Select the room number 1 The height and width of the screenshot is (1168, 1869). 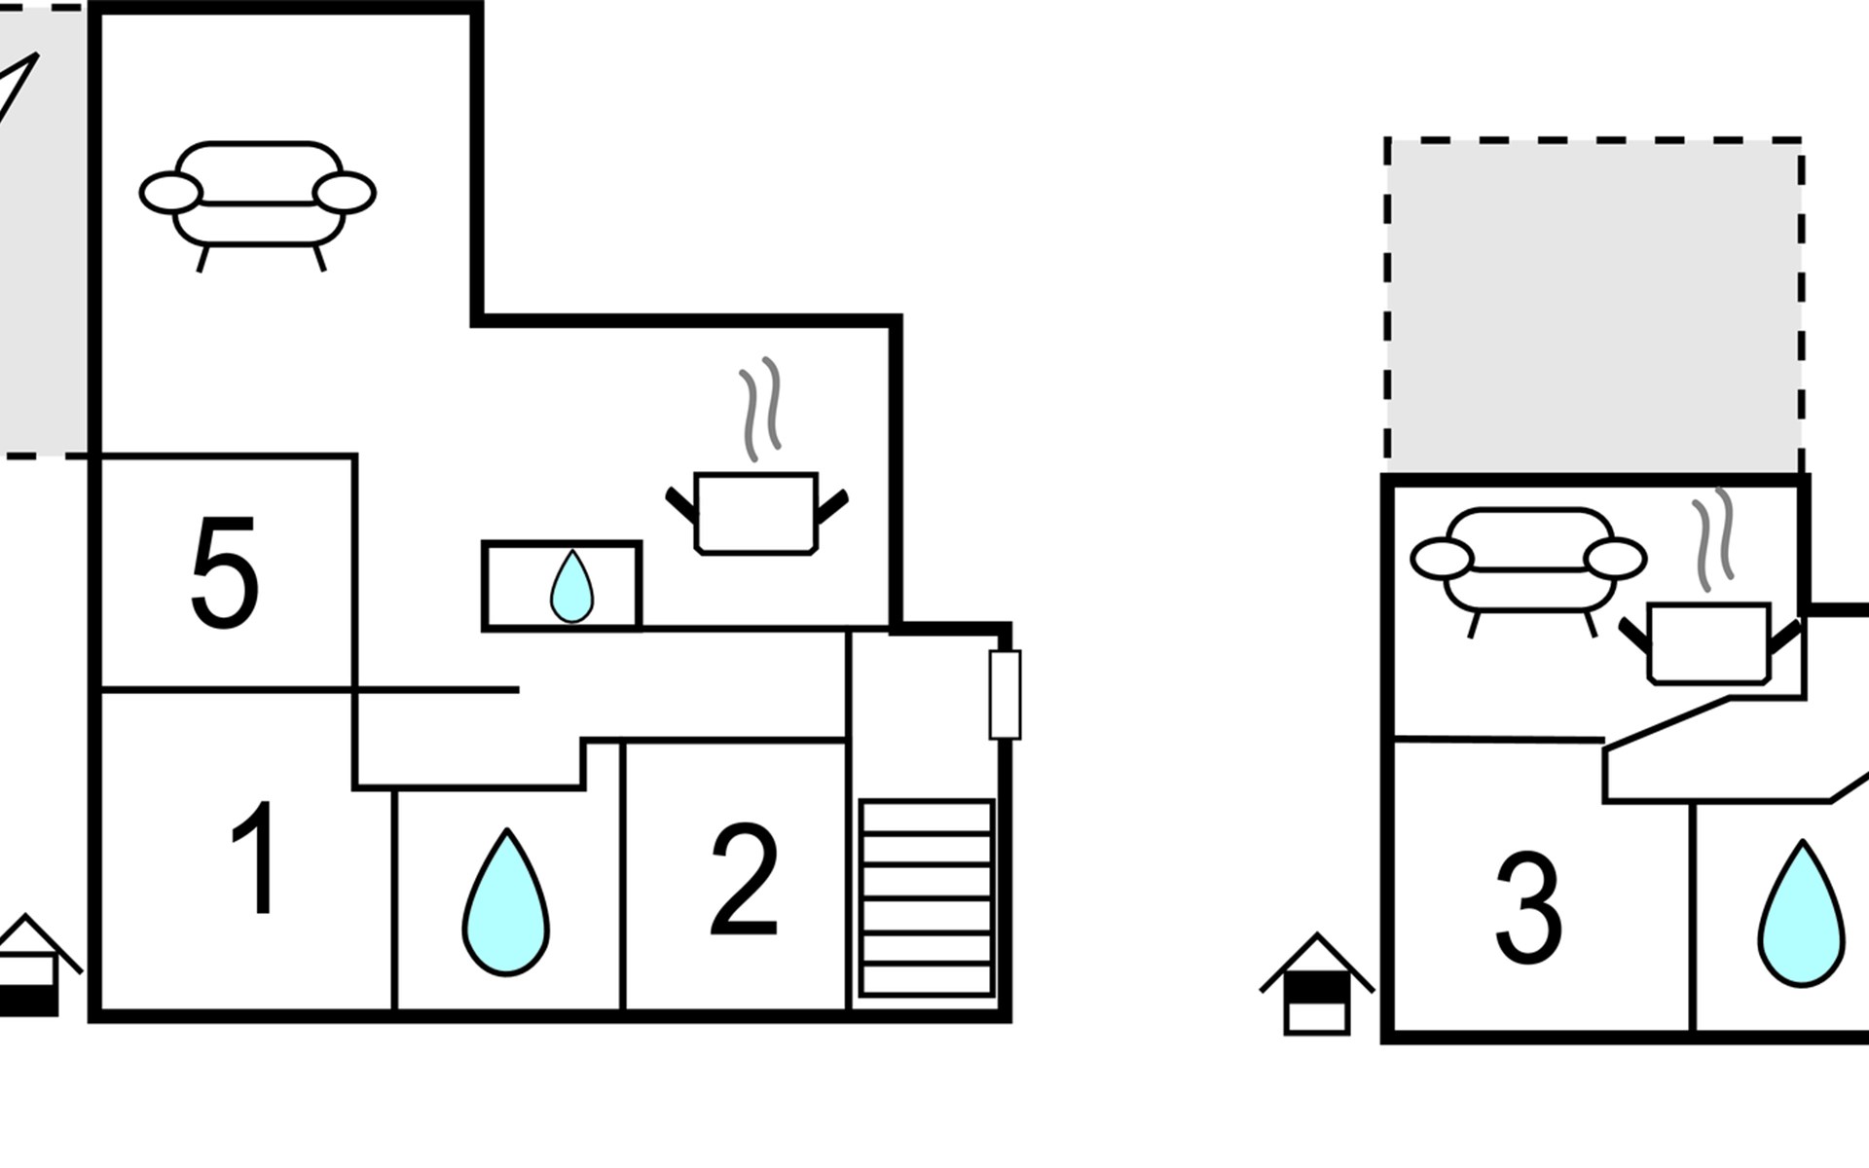point(255,858)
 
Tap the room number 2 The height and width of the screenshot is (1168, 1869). point(745,879)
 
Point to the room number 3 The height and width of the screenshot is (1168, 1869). point(1528,907)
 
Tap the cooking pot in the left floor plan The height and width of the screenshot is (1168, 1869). point(756,513)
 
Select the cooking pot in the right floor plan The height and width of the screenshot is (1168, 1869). point(1709,642)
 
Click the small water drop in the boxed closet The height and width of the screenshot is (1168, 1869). point(571,586)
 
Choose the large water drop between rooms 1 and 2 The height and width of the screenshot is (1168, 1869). point(505,902)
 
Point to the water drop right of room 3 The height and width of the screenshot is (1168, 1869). point(1802,915)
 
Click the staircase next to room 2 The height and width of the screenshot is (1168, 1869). point(927,898)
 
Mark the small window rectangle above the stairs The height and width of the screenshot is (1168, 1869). point(1005,695)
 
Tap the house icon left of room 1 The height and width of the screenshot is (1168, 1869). point(34,966)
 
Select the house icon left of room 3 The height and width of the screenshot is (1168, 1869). point(1316,984)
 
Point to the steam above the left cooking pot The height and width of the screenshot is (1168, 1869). point(761,409)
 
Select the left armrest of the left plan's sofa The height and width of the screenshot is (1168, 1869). point(171,192)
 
